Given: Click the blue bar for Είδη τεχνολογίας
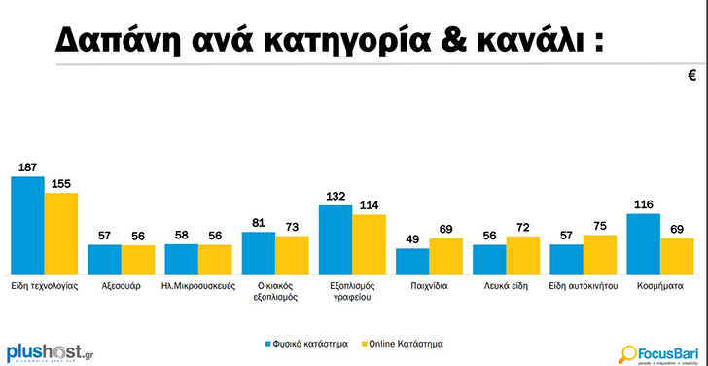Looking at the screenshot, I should [27, 225].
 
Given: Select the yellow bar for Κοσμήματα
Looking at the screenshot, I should [677, 256].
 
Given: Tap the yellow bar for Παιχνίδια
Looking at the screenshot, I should [445, 256].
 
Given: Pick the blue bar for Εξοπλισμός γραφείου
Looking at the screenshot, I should [336, 239].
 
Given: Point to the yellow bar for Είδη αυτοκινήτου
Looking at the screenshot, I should [600, 254].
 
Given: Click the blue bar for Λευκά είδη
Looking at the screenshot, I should [489, 260].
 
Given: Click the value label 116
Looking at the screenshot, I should [643, 205].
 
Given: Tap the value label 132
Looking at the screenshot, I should [336, 197].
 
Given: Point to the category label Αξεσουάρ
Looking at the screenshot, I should [122, 287].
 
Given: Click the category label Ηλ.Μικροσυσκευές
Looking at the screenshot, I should [198, 287].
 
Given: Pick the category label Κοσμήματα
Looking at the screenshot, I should [660, 287].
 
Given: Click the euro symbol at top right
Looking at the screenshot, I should [692, 75].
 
